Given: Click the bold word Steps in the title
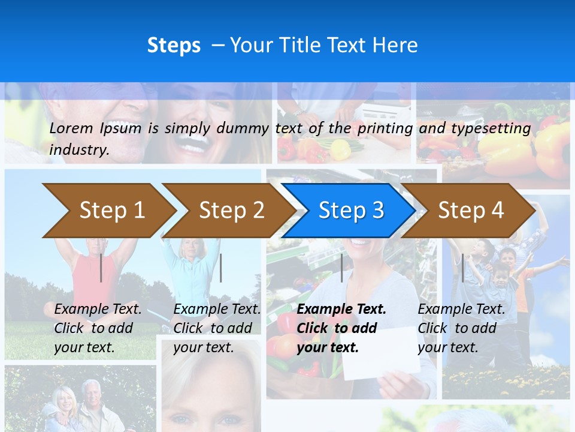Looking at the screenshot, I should (x=174, y=46).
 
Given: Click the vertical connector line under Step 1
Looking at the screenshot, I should (x=101, y=268).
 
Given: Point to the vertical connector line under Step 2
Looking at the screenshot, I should (x=221, y=268).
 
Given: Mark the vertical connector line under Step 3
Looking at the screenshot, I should (x=342, y=268).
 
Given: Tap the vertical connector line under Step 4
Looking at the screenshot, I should (x=462, y=268).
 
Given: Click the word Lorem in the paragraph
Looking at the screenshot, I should (x=71, y=128).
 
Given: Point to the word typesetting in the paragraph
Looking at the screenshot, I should (x=491, y=128).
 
